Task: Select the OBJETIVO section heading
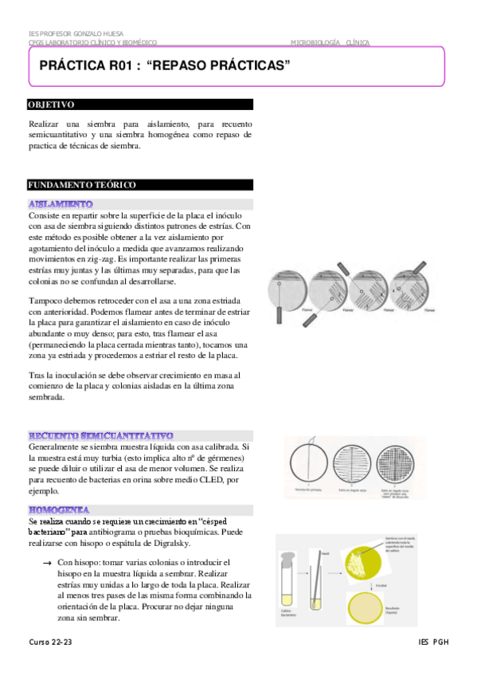(x=51, y=104)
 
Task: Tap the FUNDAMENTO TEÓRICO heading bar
(x=82, y=184)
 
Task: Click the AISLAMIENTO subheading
(x=61, y=204)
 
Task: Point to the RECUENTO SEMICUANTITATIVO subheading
(x=100, y=435)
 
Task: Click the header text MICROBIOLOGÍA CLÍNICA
(x=325, y=41)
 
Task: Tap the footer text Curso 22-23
(x=49, y=642)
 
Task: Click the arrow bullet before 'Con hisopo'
(x=47, y=563)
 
